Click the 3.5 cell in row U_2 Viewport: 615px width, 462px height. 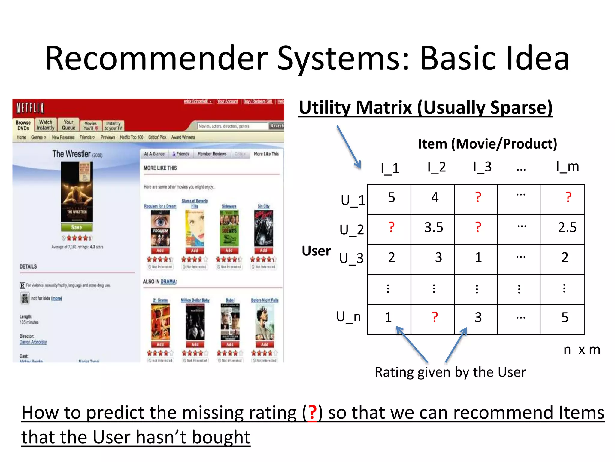pyautogui.click(x=433, y=228)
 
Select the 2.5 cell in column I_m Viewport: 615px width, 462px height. pyautogui.click(x=567, y=228)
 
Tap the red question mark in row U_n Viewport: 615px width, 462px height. pyautogui.click(x=435, y=317)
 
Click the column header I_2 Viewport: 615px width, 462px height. pyautogui.click(x=437, y=167)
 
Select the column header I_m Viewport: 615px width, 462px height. pyautogui.click(x=567, y=167)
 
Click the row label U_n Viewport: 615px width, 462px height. pyautogui.click(x=348, y=317)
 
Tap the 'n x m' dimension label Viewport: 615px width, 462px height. pyautogui.click(x=582, y=350)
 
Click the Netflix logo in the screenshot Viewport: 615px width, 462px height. pyautogui.click(x=30, y=108)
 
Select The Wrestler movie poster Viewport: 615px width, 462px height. pyautogui.click(x=77, y=192)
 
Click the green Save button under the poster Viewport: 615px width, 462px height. pyautogui.click(x=77, y=227)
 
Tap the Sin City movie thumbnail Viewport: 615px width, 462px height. pyautogui.click(x=263, y=228)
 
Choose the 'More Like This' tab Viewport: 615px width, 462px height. pyautogui.click(x=266, y=154)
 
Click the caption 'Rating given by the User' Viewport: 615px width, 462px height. pyautogui.click(x=450, y=372)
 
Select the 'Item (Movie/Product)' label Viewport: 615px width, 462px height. pyautogui.click(x=487, y=144)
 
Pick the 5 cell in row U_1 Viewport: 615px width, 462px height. pyautogui.click(x=391, y=198)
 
